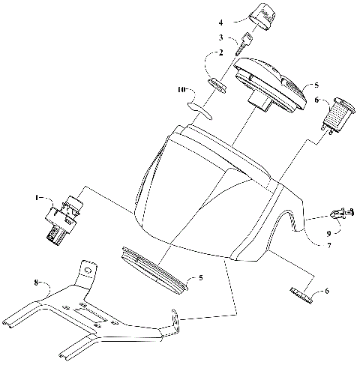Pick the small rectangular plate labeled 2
(218, 82)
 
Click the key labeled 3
(244, 45)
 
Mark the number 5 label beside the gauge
(316, 86)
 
